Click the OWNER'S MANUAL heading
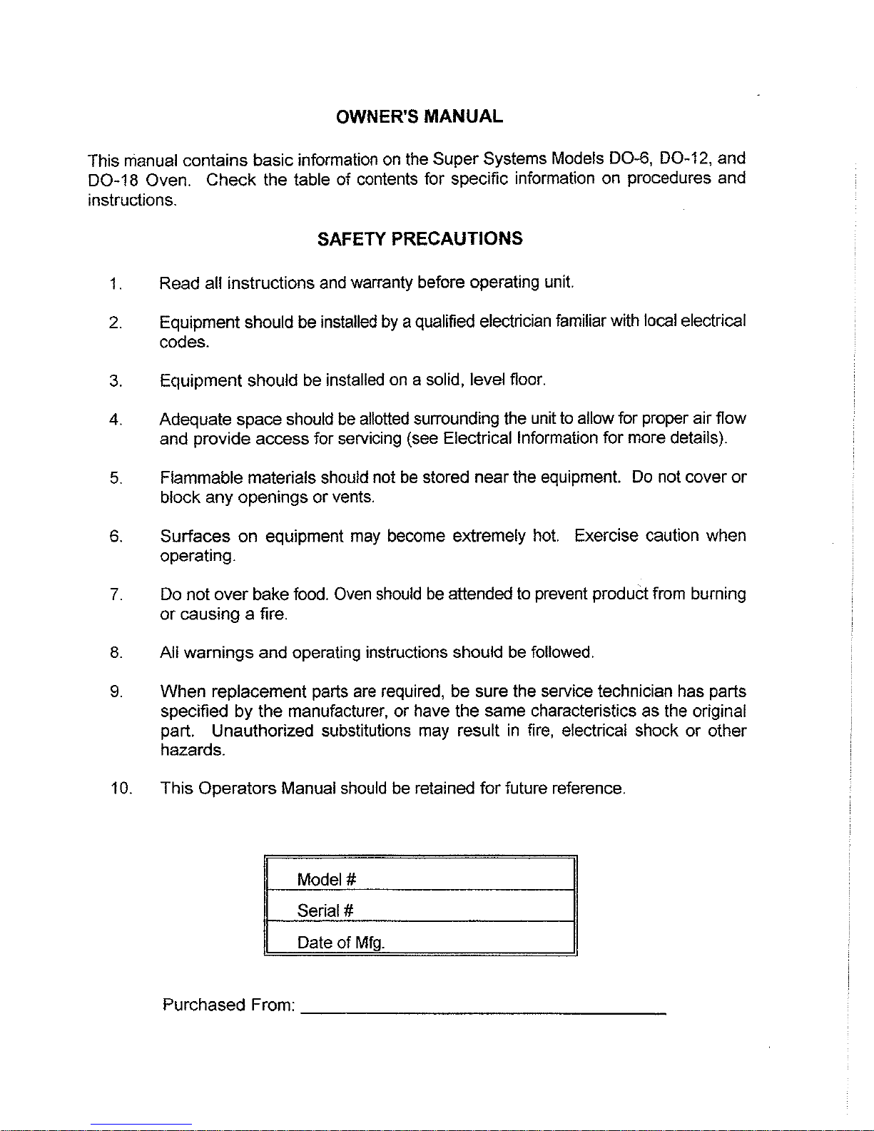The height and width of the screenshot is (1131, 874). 420,116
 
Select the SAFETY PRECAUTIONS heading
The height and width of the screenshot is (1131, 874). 420,239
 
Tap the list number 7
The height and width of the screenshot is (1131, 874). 116,594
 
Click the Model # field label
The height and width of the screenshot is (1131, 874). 327,879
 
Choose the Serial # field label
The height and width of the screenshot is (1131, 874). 325,911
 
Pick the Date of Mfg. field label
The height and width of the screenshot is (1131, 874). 341,943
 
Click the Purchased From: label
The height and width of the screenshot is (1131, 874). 229,1005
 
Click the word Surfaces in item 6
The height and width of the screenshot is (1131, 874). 195,536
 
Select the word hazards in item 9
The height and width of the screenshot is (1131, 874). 192,750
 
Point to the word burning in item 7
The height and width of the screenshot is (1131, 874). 718,594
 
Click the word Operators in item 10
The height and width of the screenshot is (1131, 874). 237,788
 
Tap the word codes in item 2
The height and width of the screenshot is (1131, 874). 183,342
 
